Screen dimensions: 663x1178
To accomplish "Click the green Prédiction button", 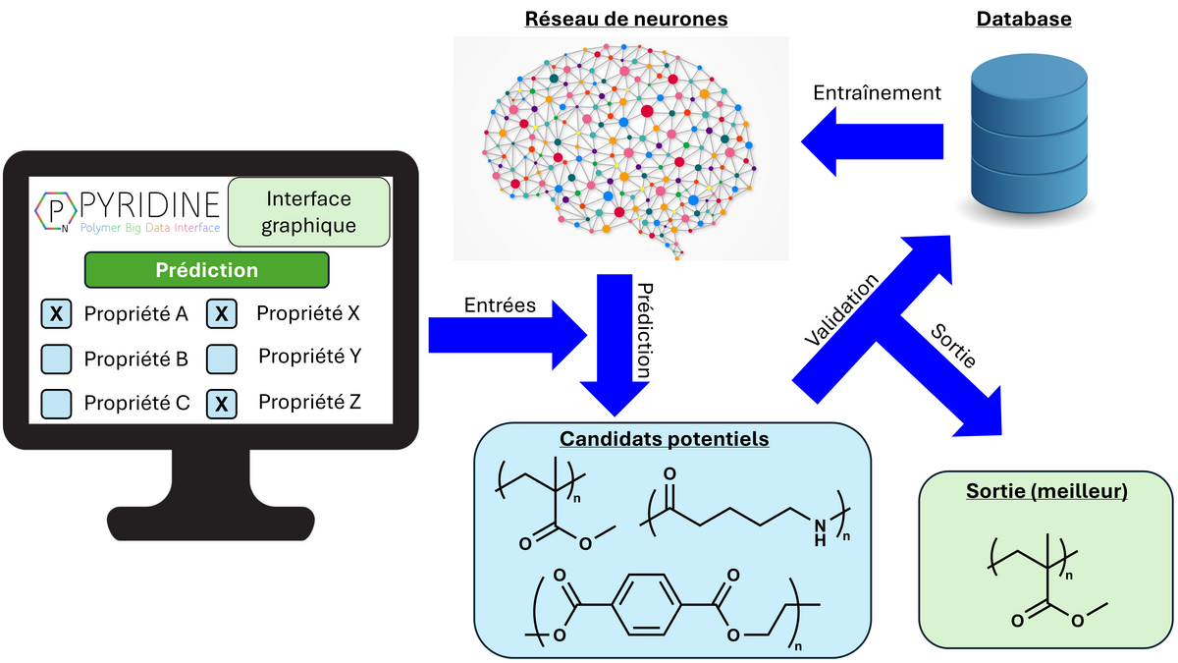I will (x=206, y=270).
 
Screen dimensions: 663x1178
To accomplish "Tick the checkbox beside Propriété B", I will (x=57, y=359).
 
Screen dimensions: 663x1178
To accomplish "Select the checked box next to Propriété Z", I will (x=223, y=403).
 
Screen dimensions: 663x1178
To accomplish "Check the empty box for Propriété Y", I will (x=223, y=359).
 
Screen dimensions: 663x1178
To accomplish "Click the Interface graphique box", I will (x=309, y=212).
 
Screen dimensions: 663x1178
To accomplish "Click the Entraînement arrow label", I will (x=878, y=93).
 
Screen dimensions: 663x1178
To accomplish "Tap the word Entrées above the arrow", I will (x=500, y=305).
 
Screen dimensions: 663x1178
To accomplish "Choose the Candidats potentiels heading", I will (x=664, y=438).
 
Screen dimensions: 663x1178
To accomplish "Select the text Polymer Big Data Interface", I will (x=149, y=228).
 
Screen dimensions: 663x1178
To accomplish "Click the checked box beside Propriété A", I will (x=57, y=314).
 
